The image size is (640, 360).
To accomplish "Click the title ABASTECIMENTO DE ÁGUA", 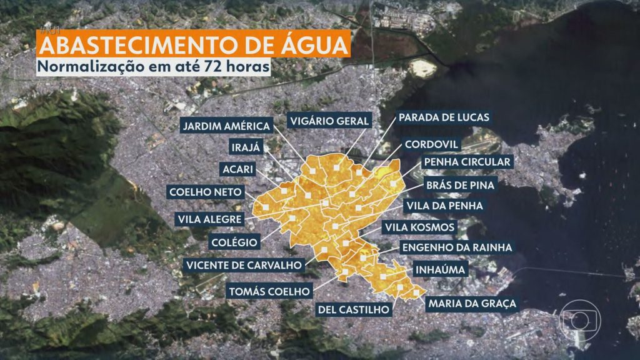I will [192, 46].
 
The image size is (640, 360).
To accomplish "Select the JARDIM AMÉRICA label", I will [226, 126].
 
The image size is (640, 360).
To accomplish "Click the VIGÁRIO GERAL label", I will [329, 120].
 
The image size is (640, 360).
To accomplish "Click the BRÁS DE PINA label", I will [460, 185].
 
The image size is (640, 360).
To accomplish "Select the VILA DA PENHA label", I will [444, 206].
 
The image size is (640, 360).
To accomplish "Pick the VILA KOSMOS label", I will [419, 227].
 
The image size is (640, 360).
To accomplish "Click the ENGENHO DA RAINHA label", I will [457, 247].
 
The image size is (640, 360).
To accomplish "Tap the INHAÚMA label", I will [439, 270].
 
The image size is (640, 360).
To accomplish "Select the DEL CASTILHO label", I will [354, 308].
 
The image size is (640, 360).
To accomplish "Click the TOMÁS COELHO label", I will [269, 291].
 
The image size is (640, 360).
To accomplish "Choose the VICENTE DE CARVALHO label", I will [244, 265].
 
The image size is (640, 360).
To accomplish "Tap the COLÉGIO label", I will [235, 241].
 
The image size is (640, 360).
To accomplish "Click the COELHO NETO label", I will [204, 192].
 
